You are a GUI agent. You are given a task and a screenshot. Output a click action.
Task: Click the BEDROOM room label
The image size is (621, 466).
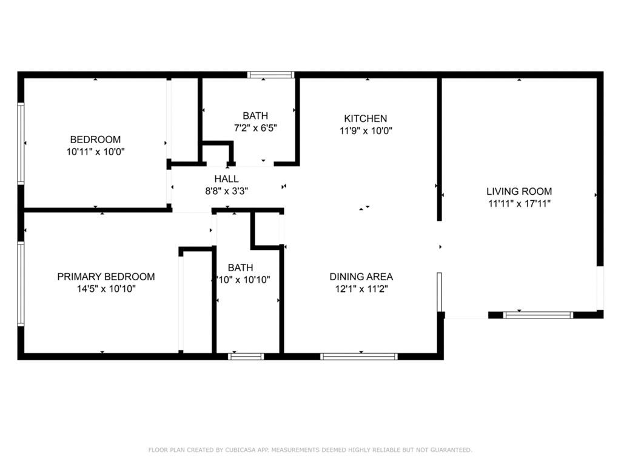pos(95,139)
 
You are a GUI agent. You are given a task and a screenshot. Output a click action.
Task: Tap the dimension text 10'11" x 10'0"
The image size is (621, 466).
pos(95,152)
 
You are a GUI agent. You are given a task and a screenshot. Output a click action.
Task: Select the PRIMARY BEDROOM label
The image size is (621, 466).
pos(106,277)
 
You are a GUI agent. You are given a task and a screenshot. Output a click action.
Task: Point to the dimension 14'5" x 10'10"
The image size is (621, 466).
pos(106,289)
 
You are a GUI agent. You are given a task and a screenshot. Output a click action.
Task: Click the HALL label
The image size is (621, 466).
pos(226,179)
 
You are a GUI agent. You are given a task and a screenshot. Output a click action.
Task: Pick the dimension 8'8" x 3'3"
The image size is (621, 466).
pos(226,191)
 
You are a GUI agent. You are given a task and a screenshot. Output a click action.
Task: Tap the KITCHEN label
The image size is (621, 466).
pos(365,118)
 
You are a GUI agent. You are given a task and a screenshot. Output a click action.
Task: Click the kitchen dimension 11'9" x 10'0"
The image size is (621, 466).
pos(365,130)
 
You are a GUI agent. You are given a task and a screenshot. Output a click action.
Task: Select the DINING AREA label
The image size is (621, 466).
pos(361,277)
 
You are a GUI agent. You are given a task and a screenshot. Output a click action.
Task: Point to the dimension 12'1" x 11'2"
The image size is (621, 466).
pos(361,289)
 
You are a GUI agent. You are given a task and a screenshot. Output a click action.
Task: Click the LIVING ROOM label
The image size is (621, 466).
pos(519,191)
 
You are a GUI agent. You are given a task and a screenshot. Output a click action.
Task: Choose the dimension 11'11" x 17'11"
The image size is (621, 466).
pos(519,204)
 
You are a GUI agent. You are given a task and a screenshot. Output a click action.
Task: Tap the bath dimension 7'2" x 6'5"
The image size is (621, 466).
pos(255,128)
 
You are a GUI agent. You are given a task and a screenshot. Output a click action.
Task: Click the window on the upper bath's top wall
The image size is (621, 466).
pos(270,75)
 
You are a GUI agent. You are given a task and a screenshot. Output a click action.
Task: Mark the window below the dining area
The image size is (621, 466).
pos(359,356)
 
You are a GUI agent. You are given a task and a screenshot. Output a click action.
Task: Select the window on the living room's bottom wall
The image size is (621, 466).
pos(538,315)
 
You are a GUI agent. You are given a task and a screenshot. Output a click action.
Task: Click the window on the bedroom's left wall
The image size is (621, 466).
pos(21,143)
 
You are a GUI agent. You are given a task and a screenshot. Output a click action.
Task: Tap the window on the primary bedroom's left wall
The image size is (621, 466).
pos(21,284)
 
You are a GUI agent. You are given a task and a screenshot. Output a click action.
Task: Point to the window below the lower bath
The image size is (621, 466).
pos(246,356)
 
